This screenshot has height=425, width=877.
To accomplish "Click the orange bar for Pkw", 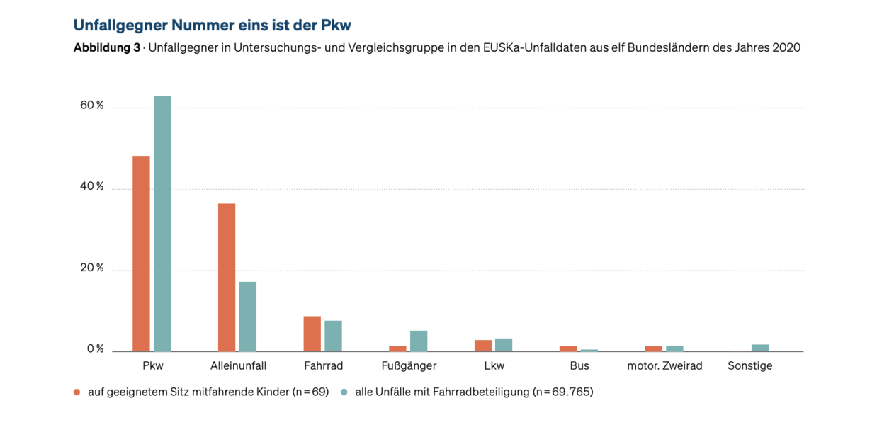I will pos(142,254).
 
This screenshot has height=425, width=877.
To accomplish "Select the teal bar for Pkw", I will pos(162,224).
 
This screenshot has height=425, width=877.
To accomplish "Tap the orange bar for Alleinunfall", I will pos(227,278).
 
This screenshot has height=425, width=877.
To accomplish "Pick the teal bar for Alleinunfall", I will pos(248,317).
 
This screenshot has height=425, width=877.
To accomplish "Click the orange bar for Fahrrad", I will pos(312,334).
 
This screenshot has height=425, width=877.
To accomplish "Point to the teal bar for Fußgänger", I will pos(419,341).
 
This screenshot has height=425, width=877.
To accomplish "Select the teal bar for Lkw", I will pos(504,345).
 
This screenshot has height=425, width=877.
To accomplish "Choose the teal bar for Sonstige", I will pos(760,348).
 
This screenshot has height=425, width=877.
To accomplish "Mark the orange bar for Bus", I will pos(568,348).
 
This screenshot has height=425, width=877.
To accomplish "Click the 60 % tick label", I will pos(92,106).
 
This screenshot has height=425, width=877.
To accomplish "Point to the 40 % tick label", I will pos(92,187).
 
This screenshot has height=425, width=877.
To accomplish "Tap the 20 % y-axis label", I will pos(92,268).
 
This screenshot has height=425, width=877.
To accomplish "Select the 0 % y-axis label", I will pos(95,349).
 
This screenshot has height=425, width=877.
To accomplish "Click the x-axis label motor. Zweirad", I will pos(664,366).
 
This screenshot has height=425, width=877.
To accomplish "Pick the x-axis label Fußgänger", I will pos(409,366).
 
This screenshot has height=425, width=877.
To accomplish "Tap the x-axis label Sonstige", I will pos(749,366).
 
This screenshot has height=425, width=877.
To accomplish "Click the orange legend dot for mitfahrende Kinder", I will pos(77,392).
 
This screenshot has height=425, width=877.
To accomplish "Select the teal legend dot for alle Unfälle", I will pos(344,392).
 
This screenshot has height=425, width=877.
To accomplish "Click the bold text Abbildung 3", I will pos(106,48).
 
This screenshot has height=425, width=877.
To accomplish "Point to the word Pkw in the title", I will pos(334,25).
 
